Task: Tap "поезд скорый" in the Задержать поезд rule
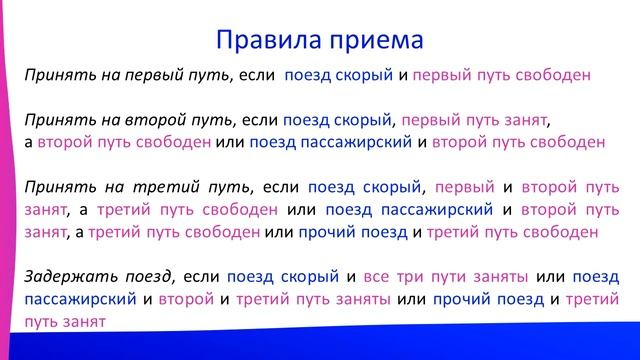283,276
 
